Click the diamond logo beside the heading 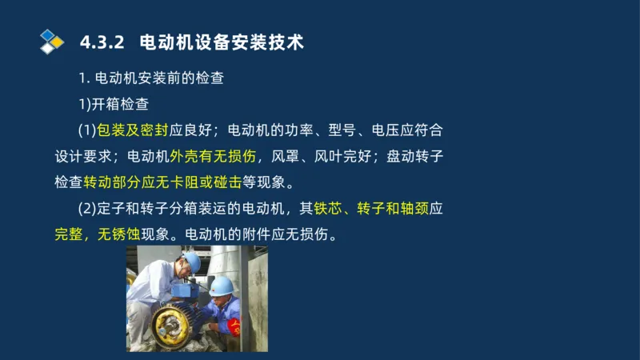point(51,42)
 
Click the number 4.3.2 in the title point(102,42)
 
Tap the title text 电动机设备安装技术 point(222,42)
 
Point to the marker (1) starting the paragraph point(86,130)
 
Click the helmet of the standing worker point(191,262)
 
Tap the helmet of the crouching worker point(222,285)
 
